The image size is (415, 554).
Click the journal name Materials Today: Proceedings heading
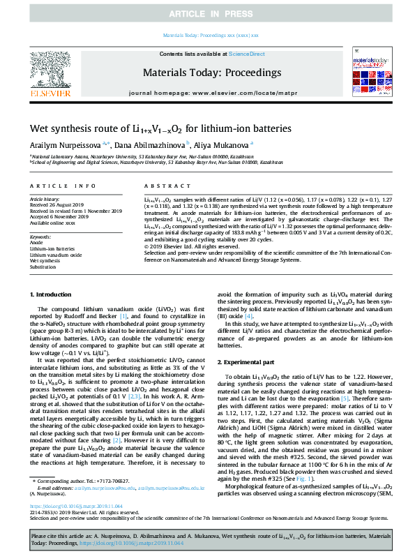211,73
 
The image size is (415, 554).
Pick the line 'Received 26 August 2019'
57,204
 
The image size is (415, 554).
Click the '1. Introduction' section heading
54,296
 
